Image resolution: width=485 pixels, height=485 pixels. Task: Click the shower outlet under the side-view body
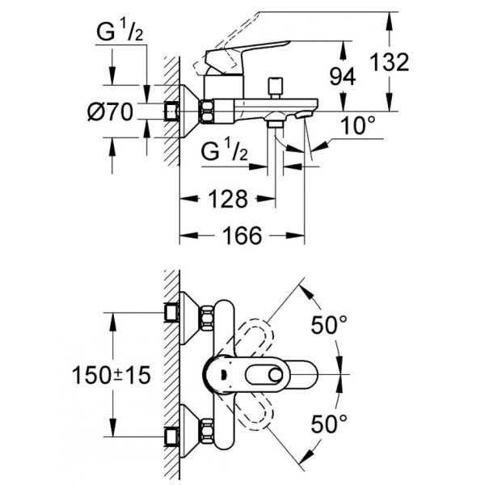click(276, 123)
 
